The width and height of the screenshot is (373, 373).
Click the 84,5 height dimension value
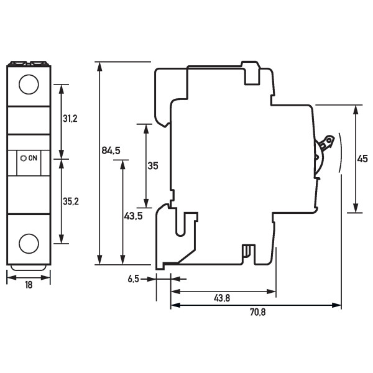coord(111,150)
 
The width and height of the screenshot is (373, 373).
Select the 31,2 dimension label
coord(70,118)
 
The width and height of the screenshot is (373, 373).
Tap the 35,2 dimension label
coord(70,201)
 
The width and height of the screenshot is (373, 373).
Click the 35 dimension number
coord(153,166)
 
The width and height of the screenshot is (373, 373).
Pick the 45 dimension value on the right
coord(362,159)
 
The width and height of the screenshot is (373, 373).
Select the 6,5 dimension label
coord(133,280)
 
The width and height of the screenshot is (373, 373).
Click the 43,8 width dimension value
coord(222,298)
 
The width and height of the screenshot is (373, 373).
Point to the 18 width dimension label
coord(28,285)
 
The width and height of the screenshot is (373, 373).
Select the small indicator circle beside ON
coord(24,159)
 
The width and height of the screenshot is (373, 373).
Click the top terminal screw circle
coord(28,84)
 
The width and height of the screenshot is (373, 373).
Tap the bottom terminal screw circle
coord(28,243)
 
